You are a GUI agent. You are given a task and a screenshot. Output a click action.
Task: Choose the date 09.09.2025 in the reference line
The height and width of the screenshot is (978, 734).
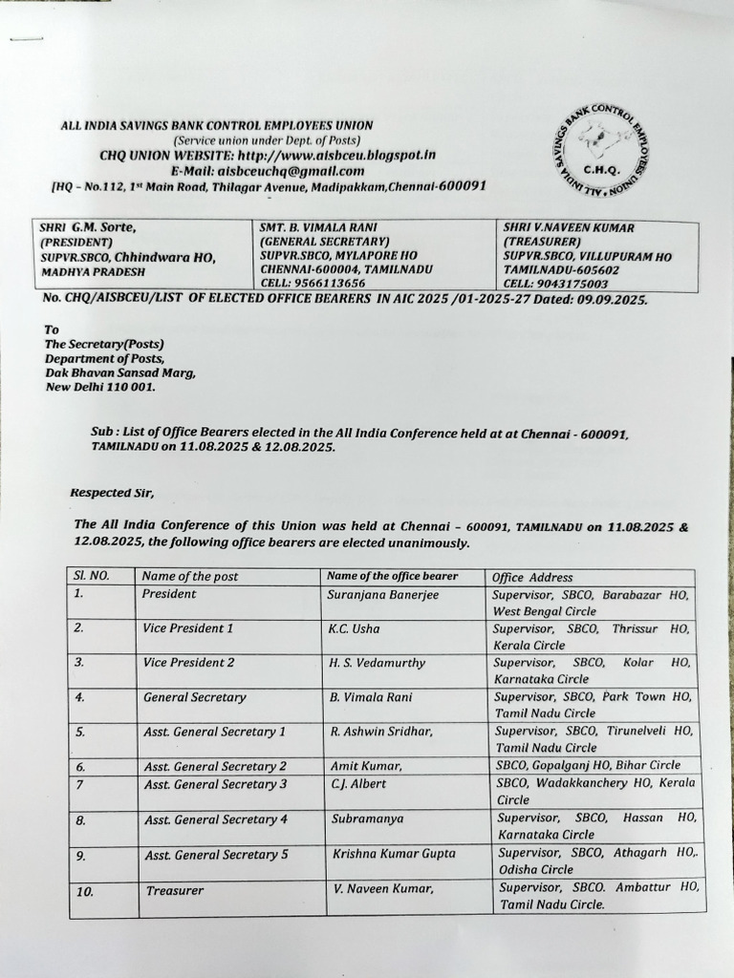click(x=610, y=299)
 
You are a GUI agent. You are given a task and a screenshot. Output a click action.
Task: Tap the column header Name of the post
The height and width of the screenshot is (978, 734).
click(x=190, y=577)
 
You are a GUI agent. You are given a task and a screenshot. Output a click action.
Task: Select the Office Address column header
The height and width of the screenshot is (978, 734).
click(x=532, y=577)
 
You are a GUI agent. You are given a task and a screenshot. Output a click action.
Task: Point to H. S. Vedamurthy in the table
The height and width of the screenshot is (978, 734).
click(x=377, y=663)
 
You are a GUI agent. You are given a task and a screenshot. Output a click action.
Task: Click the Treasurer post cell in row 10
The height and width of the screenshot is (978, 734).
click(x=175, y=890)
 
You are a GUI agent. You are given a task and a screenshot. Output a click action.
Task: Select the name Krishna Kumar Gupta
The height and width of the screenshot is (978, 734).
click(x=393, y=854)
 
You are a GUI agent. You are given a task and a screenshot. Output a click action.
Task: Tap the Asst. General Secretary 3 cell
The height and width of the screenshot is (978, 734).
click(x=215, y=784)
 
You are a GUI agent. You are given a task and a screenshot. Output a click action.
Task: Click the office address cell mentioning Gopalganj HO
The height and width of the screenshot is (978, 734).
click(x=588, y=765)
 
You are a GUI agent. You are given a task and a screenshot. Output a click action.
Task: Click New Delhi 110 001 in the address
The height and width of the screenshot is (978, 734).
click(x=99, y=388)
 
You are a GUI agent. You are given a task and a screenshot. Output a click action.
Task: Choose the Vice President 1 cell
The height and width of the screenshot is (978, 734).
click(x=188, y=628)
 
